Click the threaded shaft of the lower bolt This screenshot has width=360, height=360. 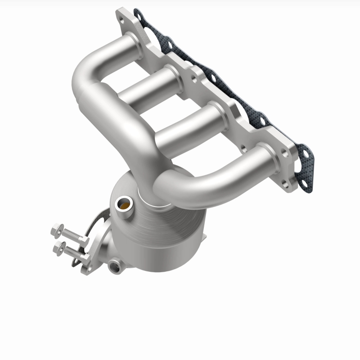pos(72,252)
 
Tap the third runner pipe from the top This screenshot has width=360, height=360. pos(189,124)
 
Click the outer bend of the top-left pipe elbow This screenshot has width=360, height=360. pos(81,81)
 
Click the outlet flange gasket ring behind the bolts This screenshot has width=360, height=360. pos(97,234)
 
